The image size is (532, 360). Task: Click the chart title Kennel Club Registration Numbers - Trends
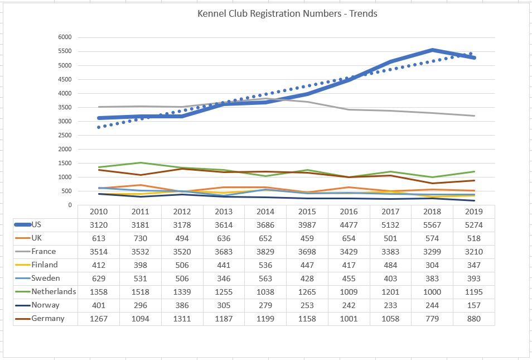click(x=287, y=13)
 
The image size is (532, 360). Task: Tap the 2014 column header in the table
click(x=265, y=212)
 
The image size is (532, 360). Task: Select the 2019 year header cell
click(x=473, y=212)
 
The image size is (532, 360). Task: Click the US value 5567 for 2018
click(x=432, y=225)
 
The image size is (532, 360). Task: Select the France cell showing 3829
click(x=265, y=252)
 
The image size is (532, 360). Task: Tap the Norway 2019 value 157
click(x=473, y=306)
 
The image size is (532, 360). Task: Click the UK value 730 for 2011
click(x=141, y=239)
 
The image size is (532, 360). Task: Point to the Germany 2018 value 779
click(x=432, y=319)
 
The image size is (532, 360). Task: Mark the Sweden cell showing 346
click(x=224, y=279)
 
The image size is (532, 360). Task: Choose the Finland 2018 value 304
click(x=432, y=266)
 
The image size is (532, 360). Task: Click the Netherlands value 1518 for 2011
click(x=141, y=292)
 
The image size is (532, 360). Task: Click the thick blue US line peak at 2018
click(x=432, y=50)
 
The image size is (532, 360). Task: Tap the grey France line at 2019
click(x=473, y=116)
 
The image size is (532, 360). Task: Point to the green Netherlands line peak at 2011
click(x=141, y=163)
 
